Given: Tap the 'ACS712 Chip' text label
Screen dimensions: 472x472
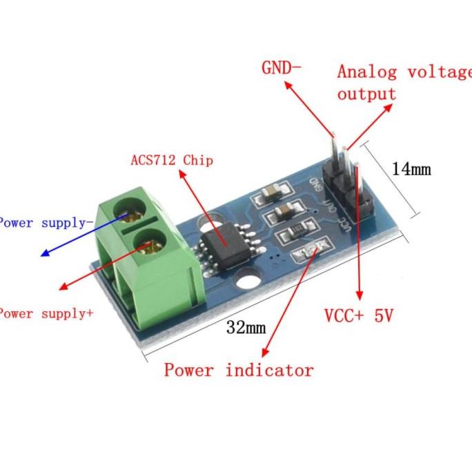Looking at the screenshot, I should tap(172, 160).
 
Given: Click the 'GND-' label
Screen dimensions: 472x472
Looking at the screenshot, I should tap(281, 68).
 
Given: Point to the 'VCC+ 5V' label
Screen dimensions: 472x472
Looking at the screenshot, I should tap(358, 316).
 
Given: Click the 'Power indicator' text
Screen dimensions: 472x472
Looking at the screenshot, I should tap(238, 370).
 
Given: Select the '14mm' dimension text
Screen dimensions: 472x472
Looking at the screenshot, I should tap(411, 168).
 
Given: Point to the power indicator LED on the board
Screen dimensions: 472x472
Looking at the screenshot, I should tap(308, 253).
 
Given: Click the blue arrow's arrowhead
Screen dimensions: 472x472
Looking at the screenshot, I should tap(44, 254).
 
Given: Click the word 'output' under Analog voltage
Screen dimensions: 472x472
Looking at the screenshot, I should tap(366, 94).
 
